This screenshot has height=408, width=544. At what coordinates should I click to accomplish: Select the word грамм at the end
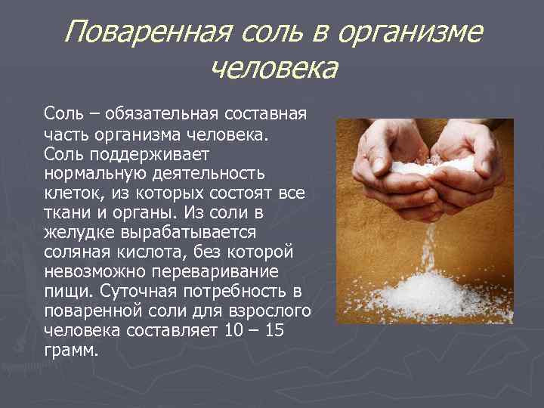pos(70,351)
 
